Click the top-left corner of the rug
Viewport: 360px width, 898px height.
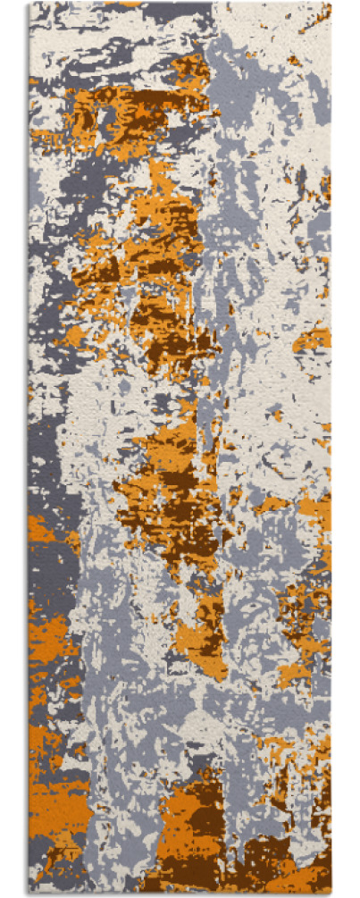pos(29,4)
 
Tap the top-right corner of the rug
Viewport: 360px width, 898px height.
pos(331,4)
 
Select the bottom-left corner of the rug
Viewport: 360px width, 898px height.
pos(29,893)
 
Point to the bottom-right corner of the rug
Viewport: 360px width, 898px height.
pos(331,893)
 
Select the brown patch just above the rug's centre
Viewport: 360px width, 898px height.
pos(165,331)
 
